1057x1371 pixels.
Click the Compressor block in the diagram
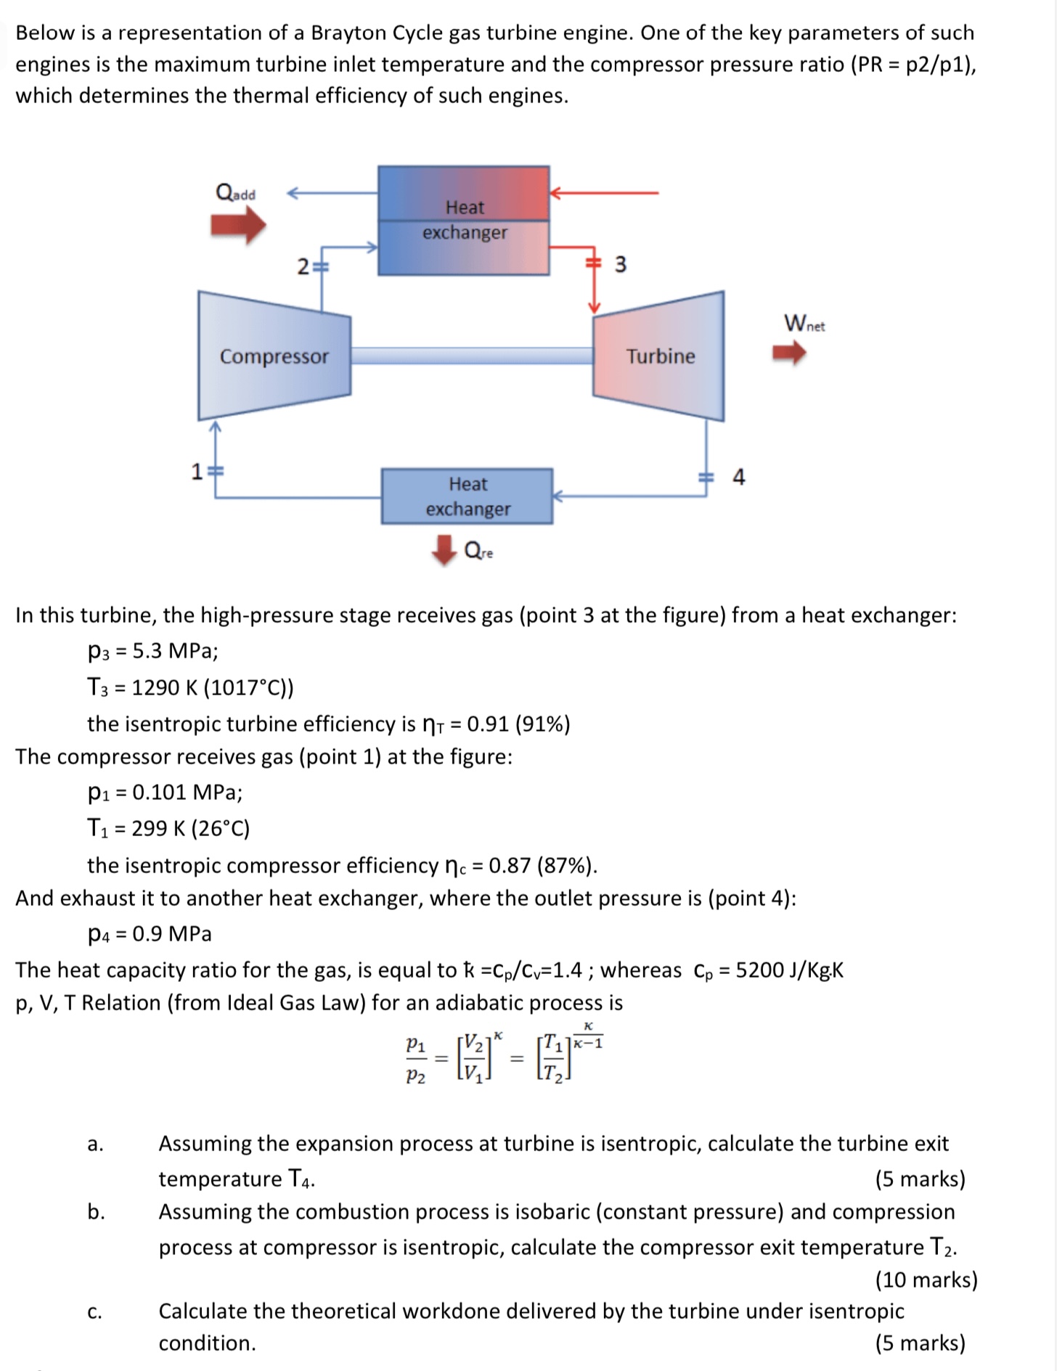(274, 356)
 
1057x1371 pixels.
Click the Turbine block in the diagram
(659, 356)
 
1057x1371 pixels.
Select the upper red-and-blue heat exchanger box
(463, 220)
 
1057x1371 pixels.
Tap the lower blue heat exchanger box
(467, 496)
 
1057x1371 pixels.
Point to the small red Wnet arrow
(789, 353)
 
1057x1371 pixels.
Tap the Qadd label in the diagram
(236, 193)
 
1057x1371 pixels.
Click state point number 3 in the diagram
(620, 264)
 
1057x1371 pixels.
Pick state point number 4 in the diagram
(738, 477)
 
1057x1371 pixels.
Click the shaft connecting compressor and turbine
(472, 355)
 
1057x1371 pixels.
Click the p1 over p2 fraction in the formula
(415, 1060)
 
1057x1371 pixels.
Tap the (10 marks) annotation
(926, 1279)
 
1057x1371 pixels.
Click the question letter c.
(94, 1311)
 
